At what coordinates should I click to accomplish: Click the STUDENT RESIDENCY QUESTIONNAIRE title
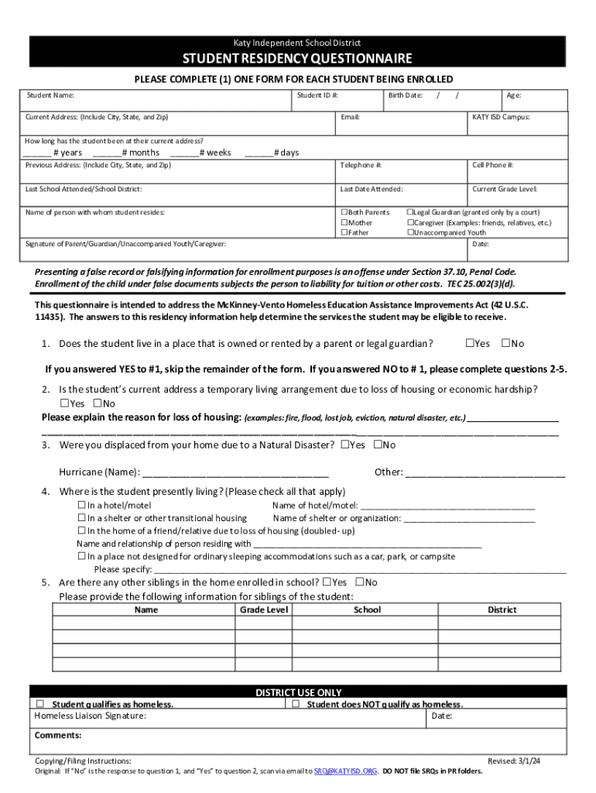coord(297,59)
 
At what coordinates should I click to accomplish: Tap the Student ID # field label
coord(317,95)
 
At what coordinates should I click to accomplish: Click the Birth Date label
coord(405,95)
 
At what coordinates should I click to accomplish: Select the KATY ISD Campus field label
coord(501,118)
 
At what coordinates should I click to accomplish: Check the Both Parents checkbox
coord(345,212)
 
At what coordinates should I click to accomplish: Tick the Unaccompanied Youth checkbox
coord(411,232)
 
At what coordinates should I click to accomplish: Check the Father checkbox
coord(345,232)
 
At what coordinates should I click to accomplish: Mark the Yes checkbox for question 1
coord(469,343)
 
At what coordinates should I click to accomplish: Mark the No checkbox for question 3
coord(378,445)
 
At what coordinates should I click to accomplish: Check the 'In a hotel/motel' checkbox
coord(81,506)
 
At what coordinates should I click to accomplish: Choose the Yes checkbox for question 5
coord(327,582)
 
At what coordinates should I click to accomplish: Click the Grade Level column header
coord(264,610)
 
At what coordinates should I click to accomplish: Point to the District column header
coord(502,610)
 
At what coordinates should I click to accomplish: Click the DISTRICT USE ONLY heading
coord(298,692)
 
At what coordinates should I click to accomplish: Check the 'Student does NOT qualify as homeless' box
coord(295,704)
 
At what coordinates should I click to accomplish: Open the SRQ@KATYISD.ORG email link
coord(344,771)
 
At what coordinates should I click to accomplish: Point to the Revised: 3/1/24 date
coord(514,761)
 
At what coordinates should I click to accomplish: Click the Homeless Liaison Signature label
coord(90,716)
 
